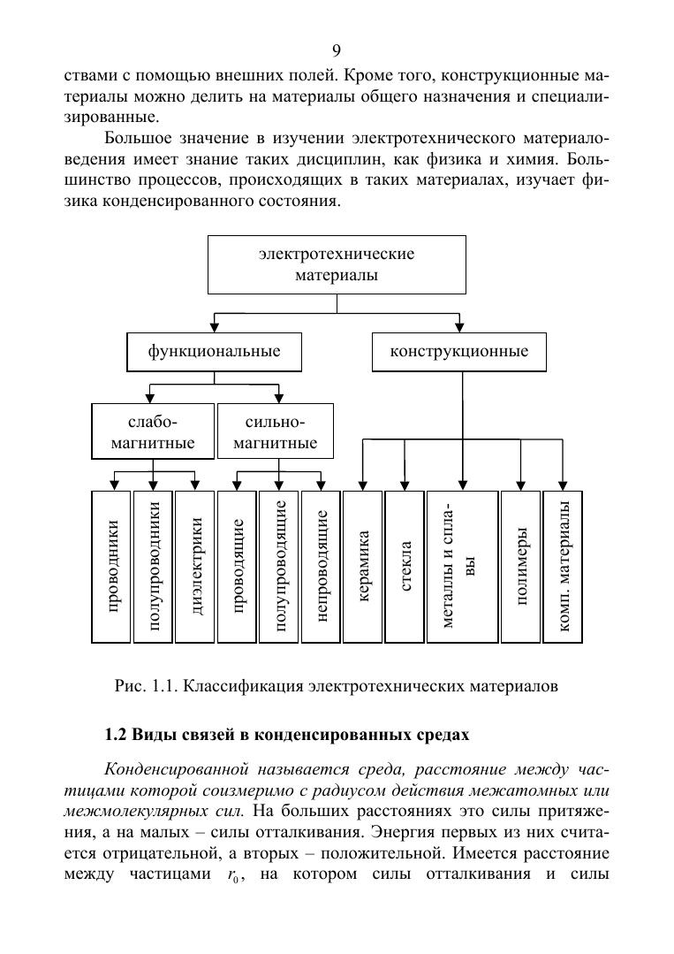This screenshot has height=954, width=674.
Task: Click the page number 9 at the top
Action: pos(336,50)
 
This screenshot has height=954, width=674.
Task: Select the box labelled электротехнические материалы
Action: pos(337,264)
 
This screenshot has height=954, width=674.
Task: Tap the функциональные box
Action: pos(214,352)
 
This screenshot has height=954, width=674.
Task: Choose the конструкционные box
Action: pos(459,352)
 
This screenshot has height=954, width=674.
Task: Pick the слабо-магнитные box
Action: pos(153,431)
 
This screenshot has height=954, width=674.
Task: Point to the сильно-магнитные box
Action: pos(276,431)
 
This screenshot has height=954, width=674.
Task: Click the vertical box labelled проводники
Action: pos(111,566)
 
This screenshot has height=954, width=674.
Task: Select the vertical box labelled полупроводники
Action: pos(154,566)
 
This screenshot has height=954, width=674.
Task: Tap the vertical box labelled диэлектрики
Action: pos(196,566)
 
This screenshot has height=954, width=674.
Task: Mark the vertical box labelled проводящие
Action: pos(238,566)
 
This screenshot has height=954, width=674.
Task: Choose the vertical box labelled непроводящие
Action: pos(322,566)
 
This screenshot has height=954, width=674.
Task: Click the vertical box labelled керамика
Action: pos(363,566)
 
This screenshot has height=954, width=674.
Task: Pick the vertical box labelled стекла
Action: pos(405,566)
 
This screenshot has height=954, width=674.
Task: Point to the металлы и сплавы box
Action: pos(461,566)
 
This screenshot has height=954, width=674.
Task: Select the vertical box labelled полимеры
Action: pos(521,566)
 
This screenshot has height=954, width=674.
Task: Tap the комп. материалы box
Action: pos(563,566)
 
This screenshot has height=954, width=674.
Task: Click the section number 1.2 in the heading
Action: pos(117,735)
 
